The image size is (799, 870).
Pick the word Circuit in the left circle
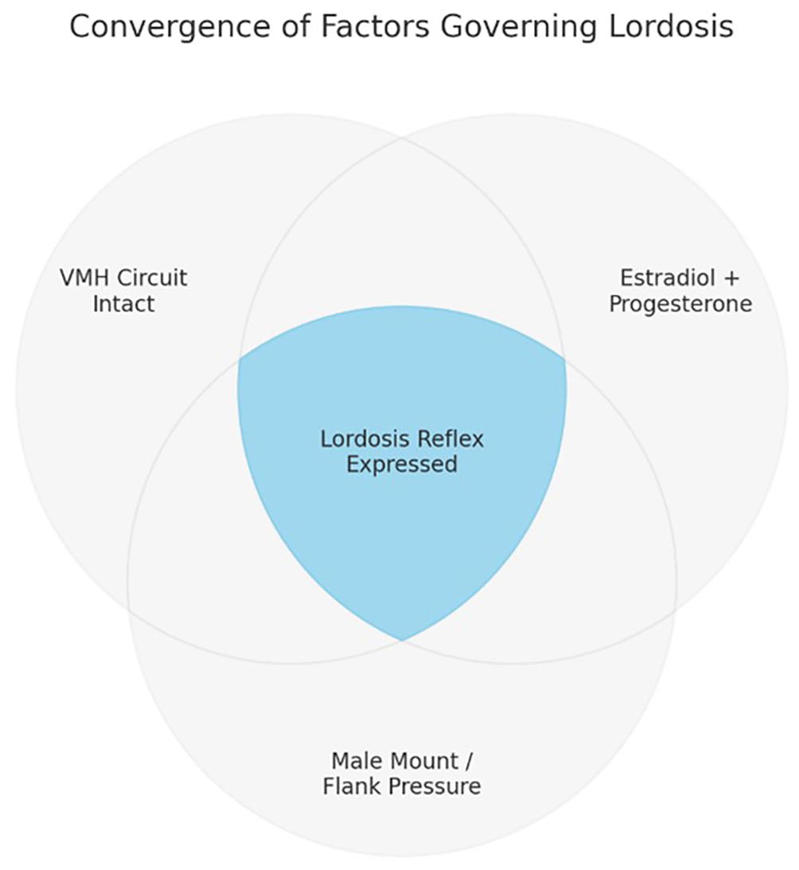[x=152, y=279]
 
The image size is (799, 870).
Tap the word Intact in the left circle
[x=123, y=304]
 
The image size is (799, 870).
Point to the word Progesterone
[x=680, y=304]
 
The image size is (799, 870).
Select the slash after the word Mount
[x=467, y=761]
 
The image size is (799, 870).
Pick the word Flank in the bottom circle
[x=354, y=787]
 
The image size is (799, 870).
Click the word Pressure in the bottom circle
[x=436, y=787]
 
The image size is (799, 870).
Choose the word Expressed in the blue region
[x=402, y=464]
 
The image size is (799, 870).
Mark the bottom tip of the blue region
[x=402, y=639]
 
